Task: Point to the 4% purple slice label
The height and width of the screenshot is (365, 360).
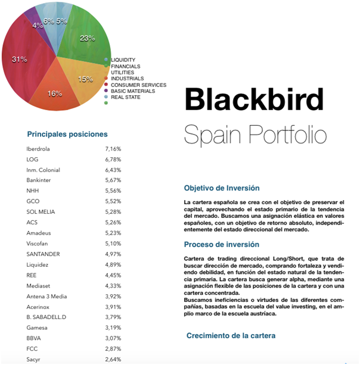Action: (x=37, y=26)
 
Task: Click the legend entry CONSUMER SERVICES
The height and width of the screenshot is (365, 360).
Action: (x=138, y=85)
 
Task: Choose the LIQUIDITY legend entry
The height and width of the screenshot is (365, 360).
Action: (x=123, y=60)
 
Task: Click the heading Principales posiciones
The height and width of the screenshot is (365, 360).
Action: (x=67, y=135)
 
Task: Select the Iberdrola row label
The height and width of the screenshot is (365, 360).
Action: (x=39, y=149)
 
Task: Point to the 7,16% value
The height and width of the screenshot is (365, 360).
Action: (x=113, y=149)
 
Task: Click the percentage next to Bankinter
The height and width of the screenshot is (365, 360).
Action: (x=113, y=180)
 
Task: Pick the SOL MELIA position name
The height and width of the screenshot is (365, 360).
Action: (x=41, y=212)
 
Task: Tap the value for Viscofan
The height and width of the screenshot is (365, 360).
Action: (x=113, y=244)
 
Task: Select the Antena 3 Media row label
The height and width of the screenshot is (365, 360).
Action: (x=46, y=296)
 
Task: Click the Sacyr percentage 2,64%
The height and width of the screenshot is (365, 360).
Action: (x=113, y=359)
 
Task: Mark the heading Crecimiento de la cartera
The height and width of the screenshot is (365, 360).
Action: (x=231, y=336)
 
